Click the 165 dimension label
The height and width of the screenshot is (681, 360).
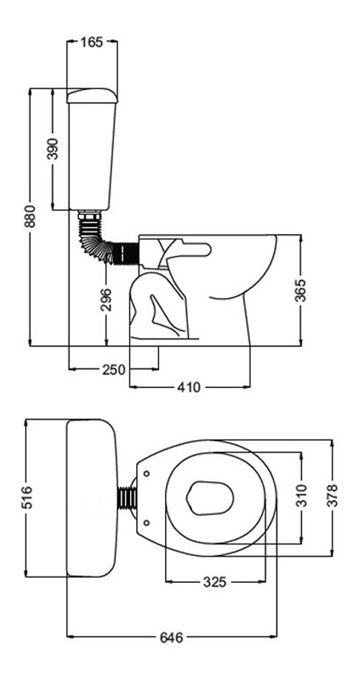pyautogui.click(x=91, y=42)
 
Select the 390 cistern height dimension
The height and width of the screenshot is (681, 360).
pyautogui.click(x=53, y=149)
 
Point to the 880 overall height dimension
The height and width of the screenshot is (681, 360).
pyautogui.click(x=30, y=216)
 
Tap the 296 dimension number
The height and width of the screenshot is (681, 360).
pyautogui.click(x=106, y=300)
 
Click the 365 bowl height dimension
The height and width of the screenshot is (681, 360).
pyautogui.click(x=300, y=291)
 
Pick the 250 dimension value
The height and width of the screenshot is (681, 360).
pyautogui.click(x=114, y=369)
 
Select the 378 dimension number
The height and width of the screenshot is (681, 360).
pyautogui.click(x=332, y=496)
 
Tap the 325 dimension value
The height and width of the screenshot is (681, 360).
pyautogui.click(x=215, y=581)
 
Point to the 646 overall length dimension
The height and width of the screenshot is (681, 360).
pyautogui.click(x=172, y=638)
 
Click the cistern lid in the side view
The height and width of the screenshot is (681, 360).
pyautogui.click(x=92, y=96)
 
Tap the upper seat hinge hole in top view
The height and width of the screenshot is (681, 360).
pyautogui.click(x=147, y=473)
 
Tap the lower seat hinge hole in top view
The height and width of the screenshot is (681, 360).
pyautogui.click(x=147, y=523)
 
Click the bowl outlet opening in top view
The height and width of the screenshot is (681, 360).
pyautogui.click(x=210, y=497)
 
